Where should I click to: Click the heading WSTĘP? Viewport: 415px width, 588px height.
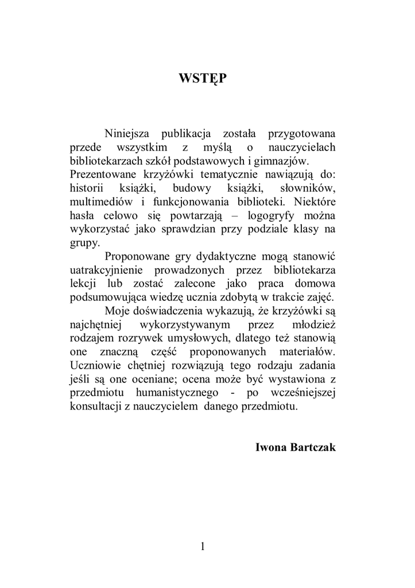point(203,78)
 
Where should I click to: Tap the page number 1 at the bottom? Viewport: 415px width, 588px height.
point(203,546)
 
